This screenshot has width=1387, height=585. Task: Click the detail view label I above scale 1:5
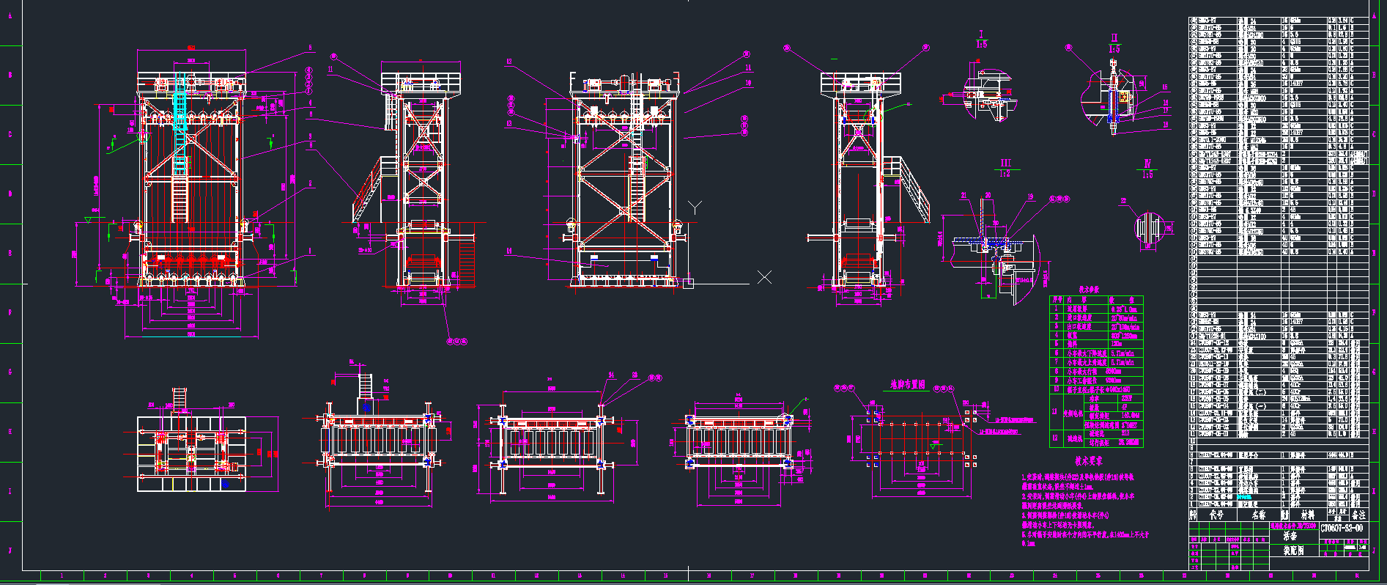tap(981, 34)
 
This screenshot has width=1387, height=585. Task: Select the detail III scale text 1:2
tap(1005, 174)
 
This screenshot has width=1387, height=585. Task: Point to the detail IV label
tap(1147, 164)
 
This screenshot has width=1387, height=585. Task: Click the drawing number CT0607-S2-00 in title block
tap(1342, 528)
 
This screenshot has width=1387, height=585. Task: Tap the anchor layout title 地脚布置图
tap(907, 384)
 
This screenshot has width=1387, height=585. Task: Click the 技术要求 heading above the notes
tap(1089, 462)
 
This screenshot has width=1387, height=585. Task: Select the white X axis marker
tap(764, 277)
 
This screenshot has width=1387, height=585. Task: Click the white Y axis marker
tap(695, 207)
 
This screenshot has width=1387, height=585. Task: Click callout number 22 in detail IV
tap(1123, 201)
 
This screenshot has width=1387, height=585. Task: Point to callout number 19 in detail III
tap(1030, 196)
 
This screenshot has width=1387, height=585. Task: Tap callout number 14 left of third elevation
tap(508, 251)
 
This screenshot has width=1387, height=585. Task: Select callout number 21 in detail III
tap(964, 196)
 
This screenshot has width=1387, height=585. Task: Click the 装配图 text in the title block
tap(1294, 551)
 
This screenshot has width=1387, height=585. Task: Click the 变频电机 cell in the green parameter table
tap(1072, 413)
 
